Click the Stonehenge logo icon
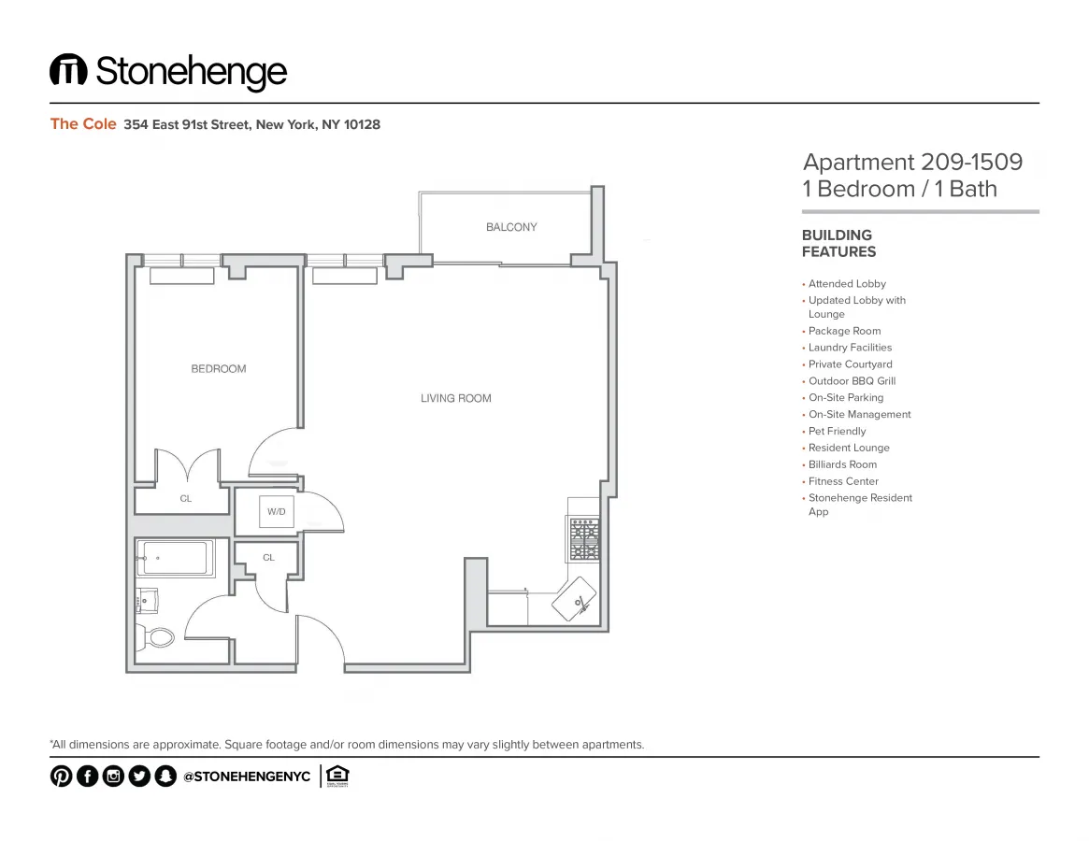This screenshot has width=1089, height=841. tap(68, 71)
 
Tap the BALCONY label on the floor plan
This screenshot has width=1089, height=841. tap(511, 227)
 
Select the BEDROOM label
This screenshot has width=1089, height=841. tap(219, 369)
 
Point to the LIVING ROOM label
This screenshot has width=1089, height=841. tap(455, 399)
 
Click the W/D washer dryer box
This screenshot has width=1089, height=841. tap(277, 512)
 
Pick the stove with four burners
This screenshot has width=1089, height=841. tap(583, 540)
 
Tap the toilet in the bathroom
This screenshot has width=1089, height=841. tap(158, 637)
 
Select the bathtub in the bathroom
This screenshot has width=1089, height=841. tap(177, 558)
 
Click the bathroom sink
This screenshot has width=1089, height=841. tap(148, 598)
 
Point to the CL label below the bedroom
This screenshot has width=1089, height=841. tap(185, 499)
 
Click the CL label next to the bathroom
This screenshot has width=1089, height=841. tap(268, 558)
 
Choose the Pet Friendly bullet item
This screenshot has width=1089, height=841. tap(837, 432)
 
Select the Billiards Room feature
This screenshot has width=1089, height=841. tap(842, 465)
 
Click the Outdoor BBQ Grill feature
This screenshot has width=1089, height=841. tap(852, 381)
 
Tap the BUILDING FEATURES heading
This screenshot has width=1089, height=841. tap(838, 244)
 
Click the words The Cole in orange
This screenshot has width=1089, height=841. tap(83, 124)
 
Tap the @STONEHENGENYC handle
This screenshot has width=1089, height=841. tap(247, 777)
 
